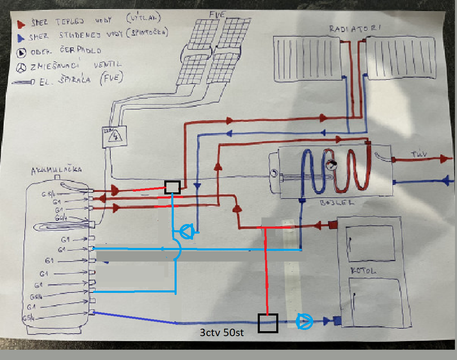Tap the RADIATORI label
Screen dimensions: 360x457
coord(354,29)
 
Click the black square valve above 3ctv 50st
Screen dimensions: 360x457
coord(268,323)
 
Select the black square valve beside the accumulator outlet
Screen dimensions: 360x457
coord(172,187)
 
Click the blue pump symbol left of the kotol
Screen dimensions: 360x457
coord(305,321)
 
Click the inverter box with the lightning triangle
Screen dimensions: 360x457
coord(114,136)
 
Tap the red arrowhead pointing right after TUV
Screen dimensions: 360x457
coord(445,159)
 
